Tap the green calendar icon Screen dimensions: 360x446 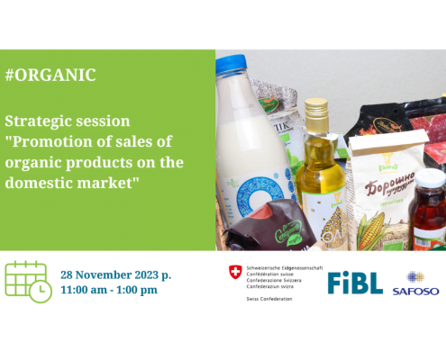point(26,281)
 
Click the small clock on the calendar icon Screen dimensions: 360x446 point(41,291)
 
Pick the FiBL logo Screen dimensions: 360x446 point(355,282)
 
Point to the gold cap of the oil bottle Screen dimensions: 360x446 point(315,110)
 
